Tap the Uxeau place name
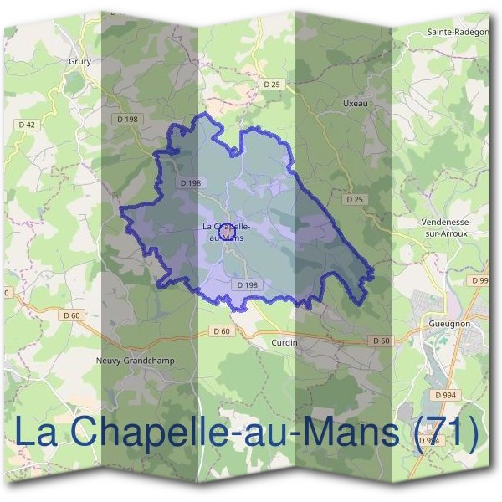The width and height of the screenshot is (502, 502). pyautogui.click(x=355, y=103)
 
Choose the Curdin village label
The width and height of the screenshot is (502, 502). pyautogui.click(x=284, y=342)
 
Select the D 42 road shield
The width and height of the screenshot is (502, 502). pyautogui.click(x=27, y=125)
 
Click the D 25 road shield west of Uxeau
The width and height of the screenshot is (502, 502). pyautogui.click(x=271, y=84)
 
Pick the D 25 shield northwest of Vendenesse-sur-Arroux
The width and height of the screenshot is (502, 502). pyautogui.click(x=355, y=200)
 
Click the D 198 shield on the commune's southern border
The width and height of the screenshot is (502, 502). pyautogui.click(x=247, y=284)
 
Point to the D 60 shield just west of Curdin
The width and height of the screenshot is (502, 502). pyautogui.click(x=221, y=331)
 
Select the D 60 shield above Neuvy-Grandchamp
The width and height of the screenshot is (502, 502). pyautogui.click(x=73, y=315)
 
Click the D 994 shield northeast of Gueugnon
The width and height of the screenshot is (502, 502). pyautogui.click(x=479, y=280)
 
